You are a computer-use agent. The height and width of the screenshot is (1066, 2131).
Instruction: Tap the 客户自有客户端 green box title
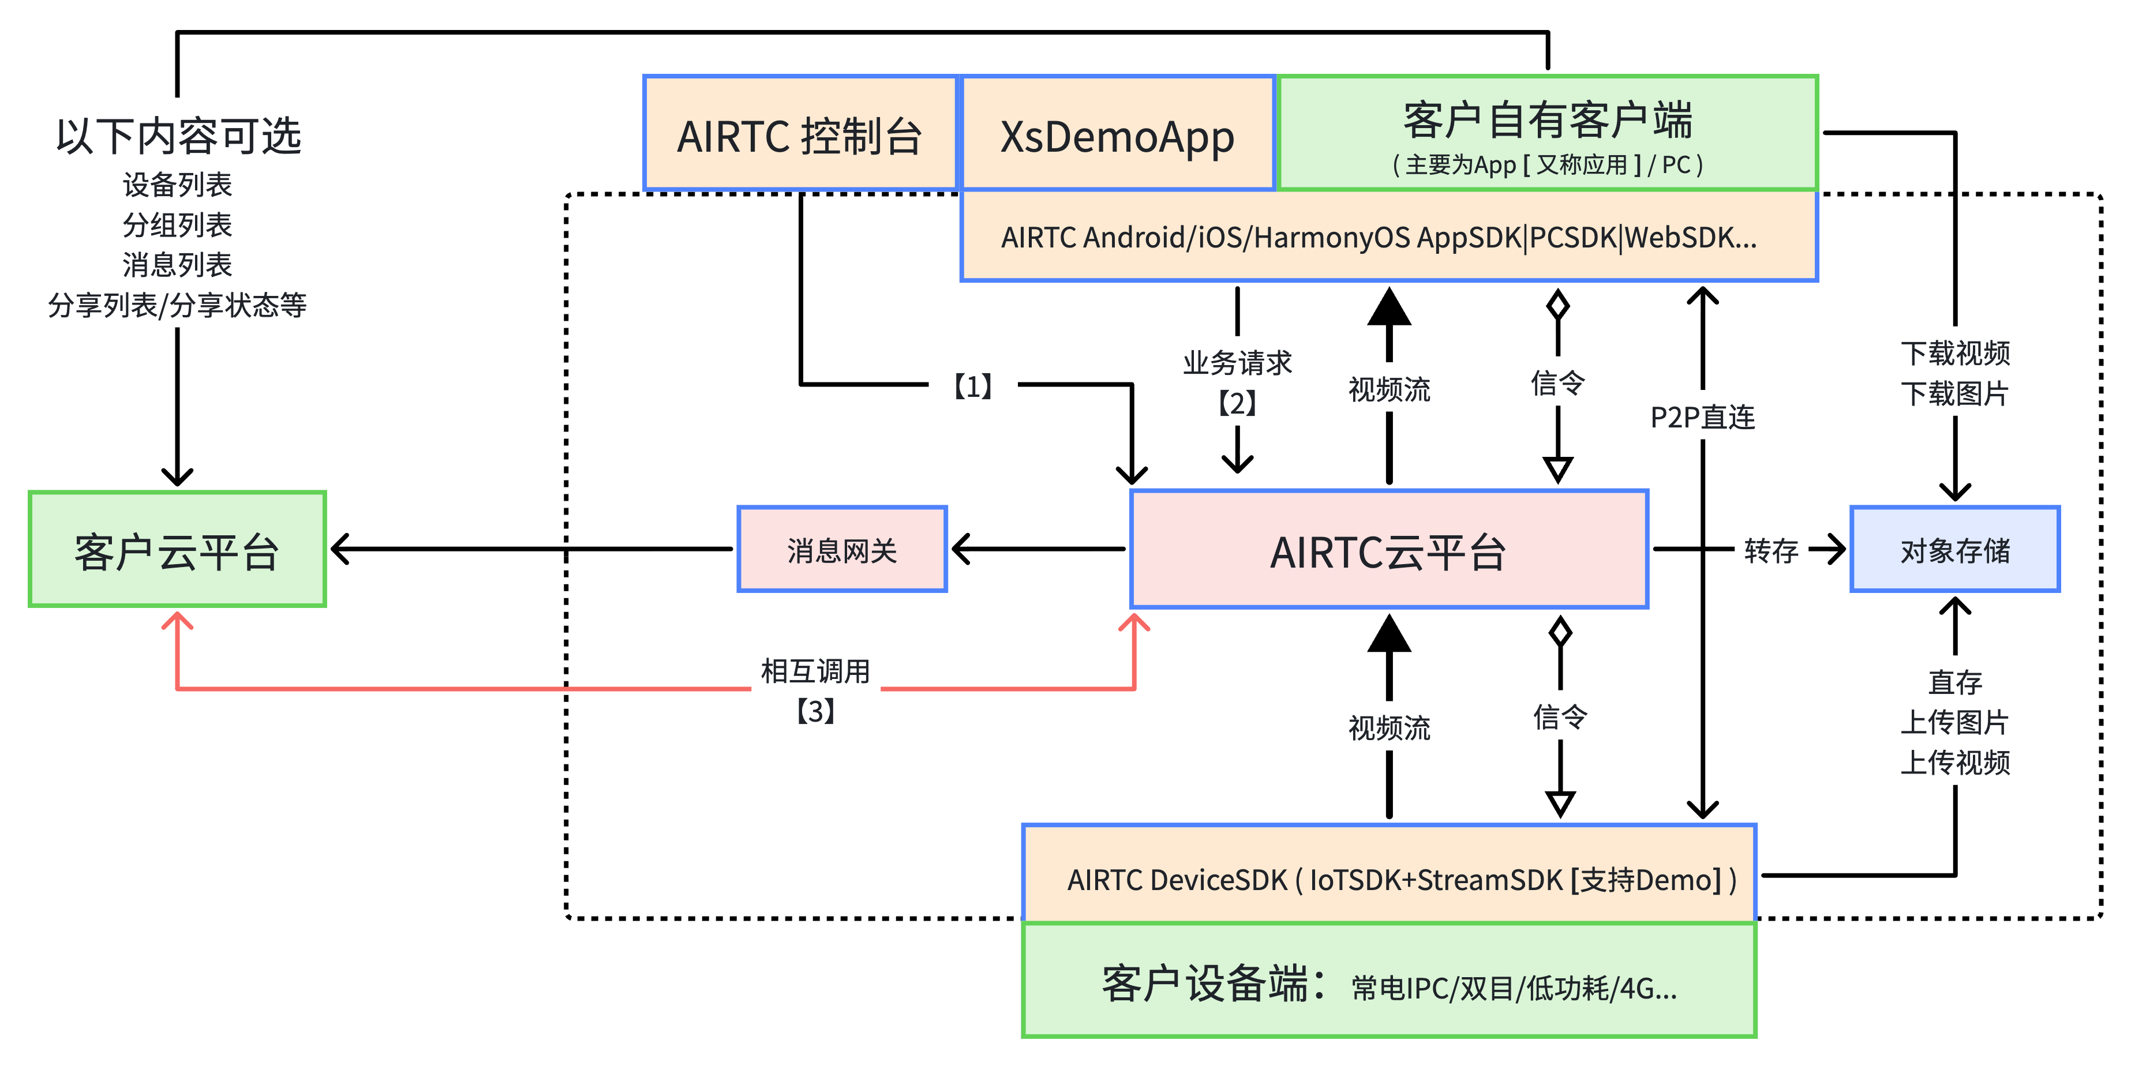tap(1547, 121)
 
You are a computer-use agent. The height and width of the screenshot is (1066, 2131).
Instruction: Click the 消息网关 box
tap(841, 550)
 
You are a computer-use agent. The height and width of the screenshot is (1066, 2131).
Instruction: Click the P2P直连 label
tap(1702, 418)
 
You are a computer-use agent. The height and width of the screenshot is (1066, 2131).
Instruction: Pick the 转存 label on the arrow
tap(1770, 550)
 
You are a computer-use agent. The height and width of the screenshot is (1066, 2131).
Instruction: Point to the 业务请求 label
tap(1237, 363)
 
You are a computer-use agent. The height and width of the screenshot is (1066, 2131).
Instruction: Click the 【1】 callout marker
tap(973, 385)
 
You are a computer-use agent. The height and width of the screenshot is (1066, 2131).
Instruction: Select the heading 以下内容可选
tap(178, 136)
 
